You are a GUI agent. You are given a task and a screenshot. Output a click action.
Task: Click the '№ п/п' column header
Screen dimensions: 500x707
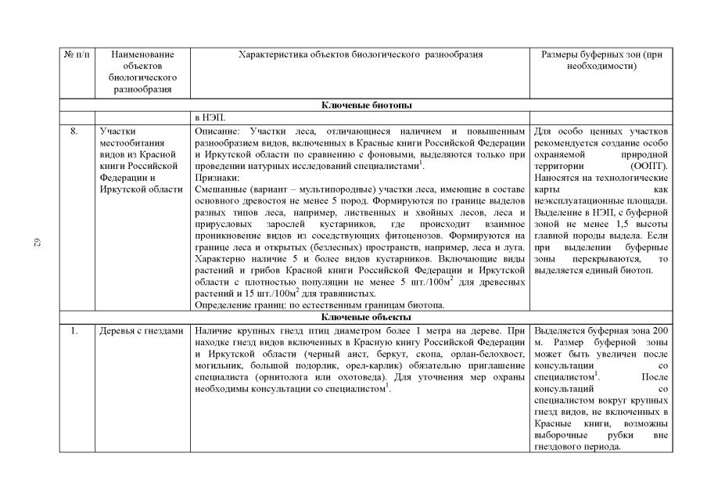click(x=77, y=55)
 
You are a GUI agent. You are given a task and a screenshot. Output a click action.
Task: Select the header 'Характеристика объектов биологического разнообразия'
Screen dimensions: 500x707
click(x=360, y=55)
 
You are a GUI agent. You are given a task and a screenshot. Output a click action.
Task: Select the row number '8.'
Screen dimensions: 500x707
click(x=74, y=131)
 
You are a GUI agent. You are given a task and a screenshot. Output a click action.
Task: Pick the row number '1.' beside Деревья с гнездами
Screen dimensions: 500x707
click(x=74, y=331)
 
